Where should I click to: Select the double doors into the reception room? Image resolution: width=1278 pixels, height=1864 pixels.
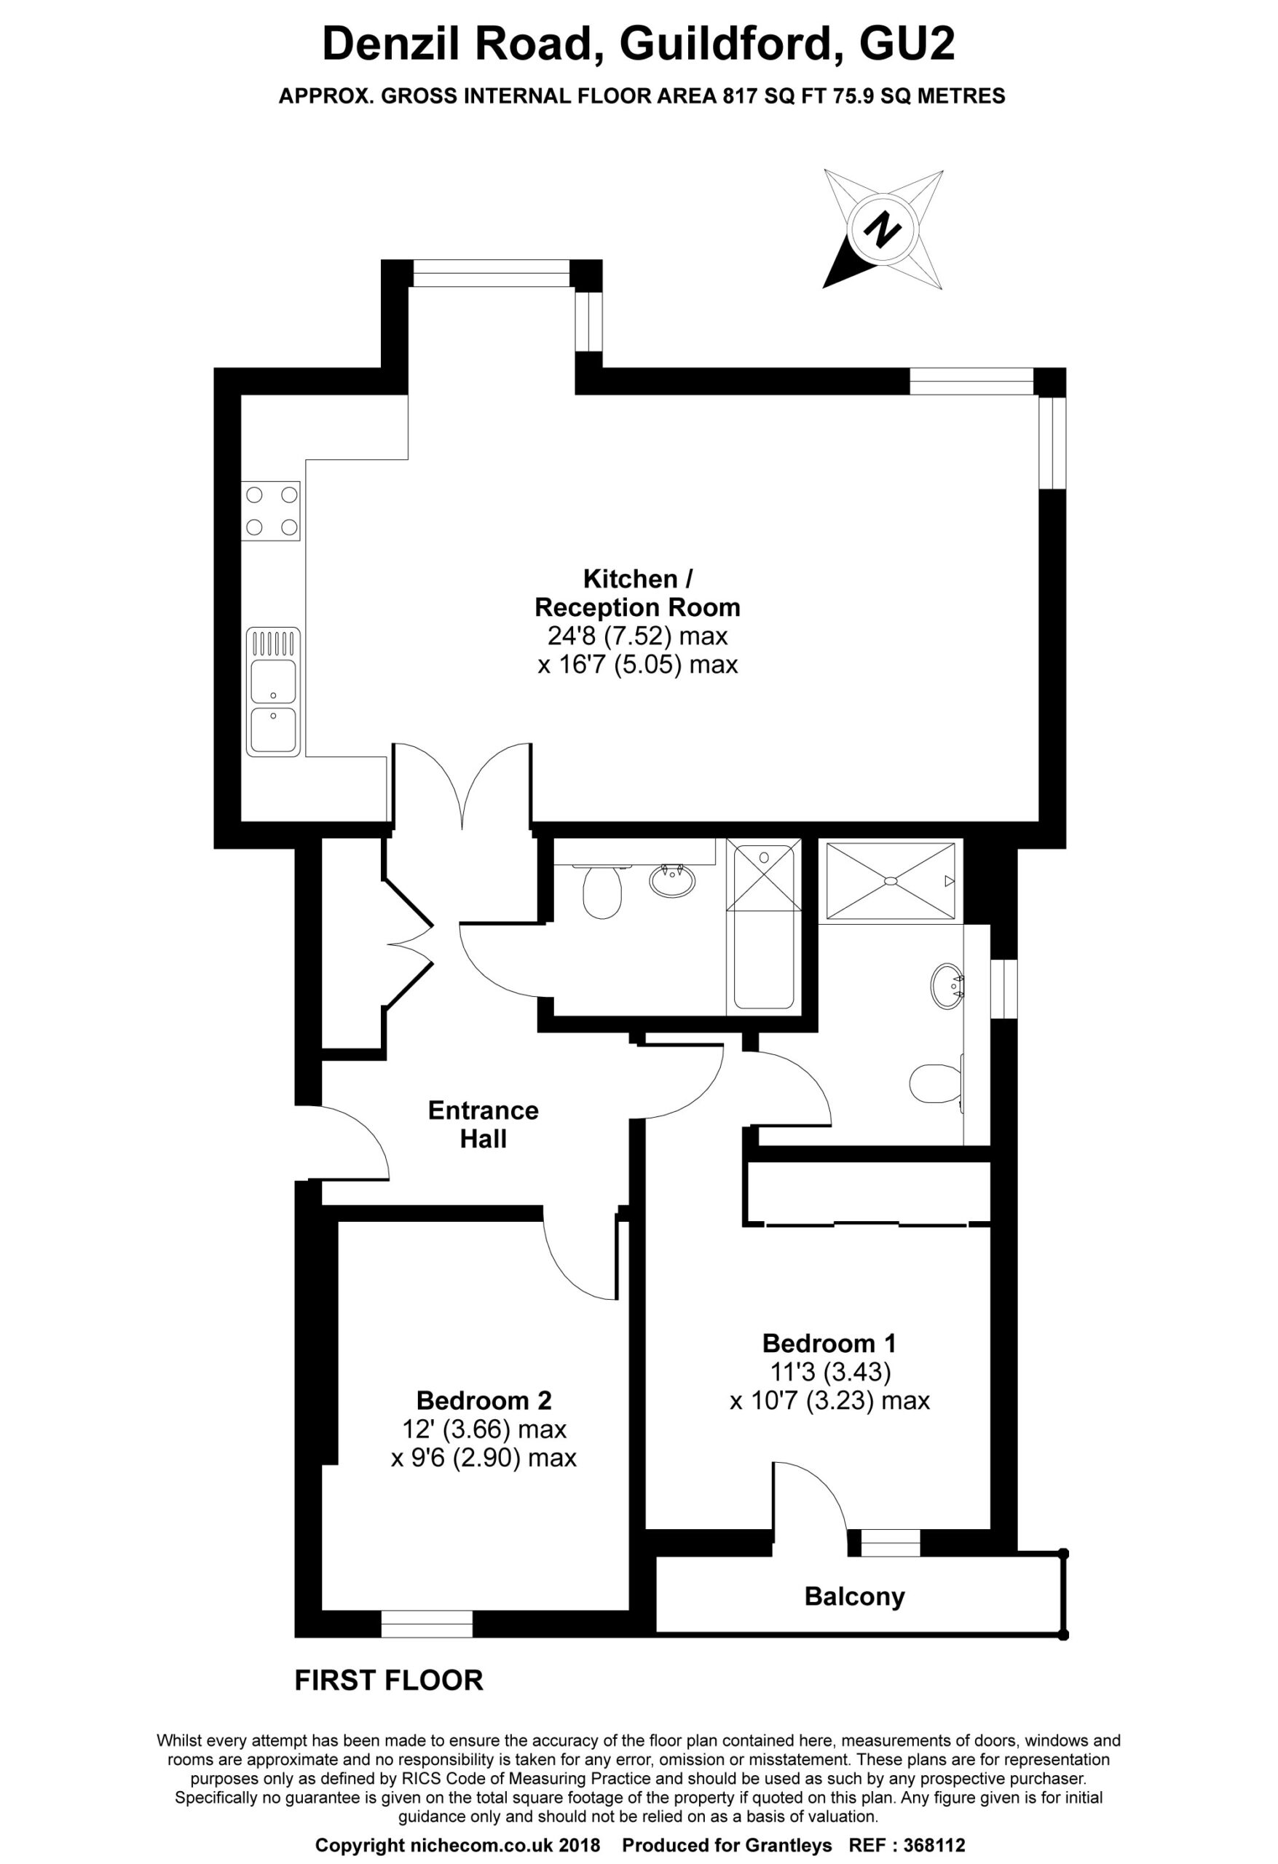click(462, 786)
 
